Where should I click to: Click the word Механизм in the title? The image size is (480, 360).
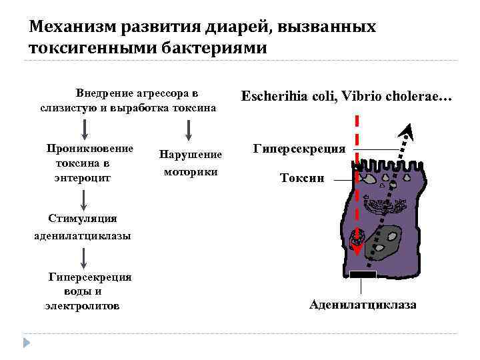69,27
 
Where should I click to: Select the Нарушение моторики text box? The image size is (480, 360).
190,162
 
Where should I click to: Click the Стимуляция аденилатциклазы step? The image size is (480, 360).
82,227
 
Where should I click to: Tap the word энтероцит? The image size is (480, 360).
82,178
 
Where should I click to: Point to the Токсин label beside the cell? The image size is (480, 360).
302,178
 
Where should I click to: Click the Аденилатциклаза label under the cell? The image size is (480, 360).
363,305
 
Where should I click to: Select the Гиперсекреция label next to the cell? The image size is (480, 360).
299,149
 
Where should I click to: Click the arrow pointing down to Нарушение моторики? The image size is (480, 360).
190,128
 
